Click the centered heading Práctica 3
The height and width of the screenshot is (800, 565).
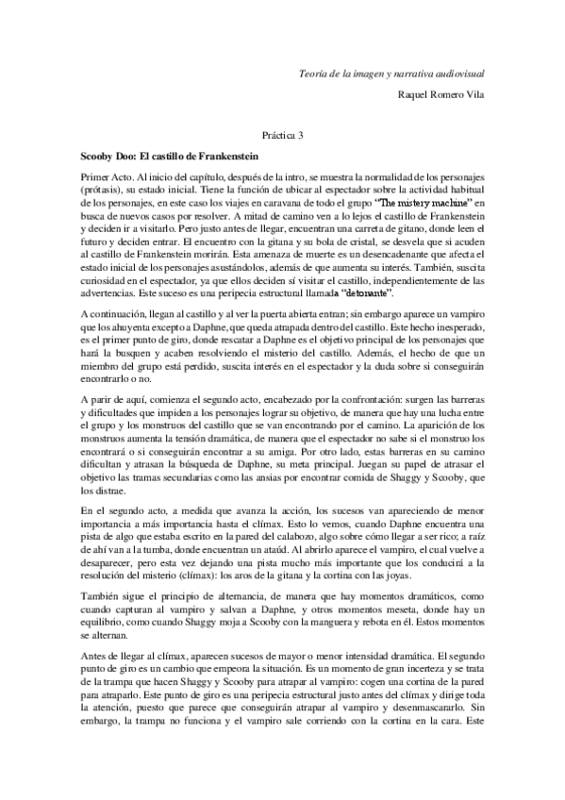point(283,136)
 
